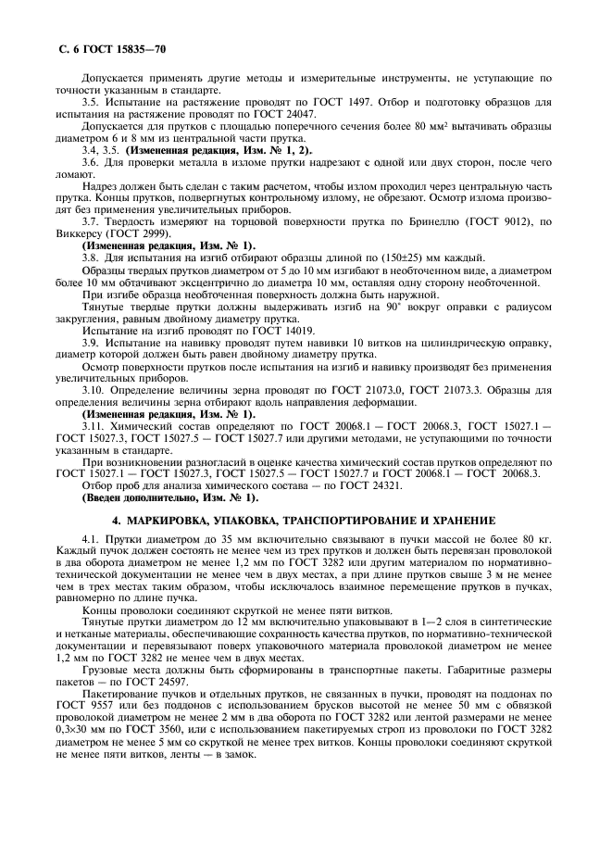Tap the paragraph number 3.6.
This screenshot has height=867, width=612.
pyautogui.click(x=91, y=161)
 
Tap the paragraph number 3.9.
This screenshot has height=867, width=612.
pyautogui.click(x=91, y=342)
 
